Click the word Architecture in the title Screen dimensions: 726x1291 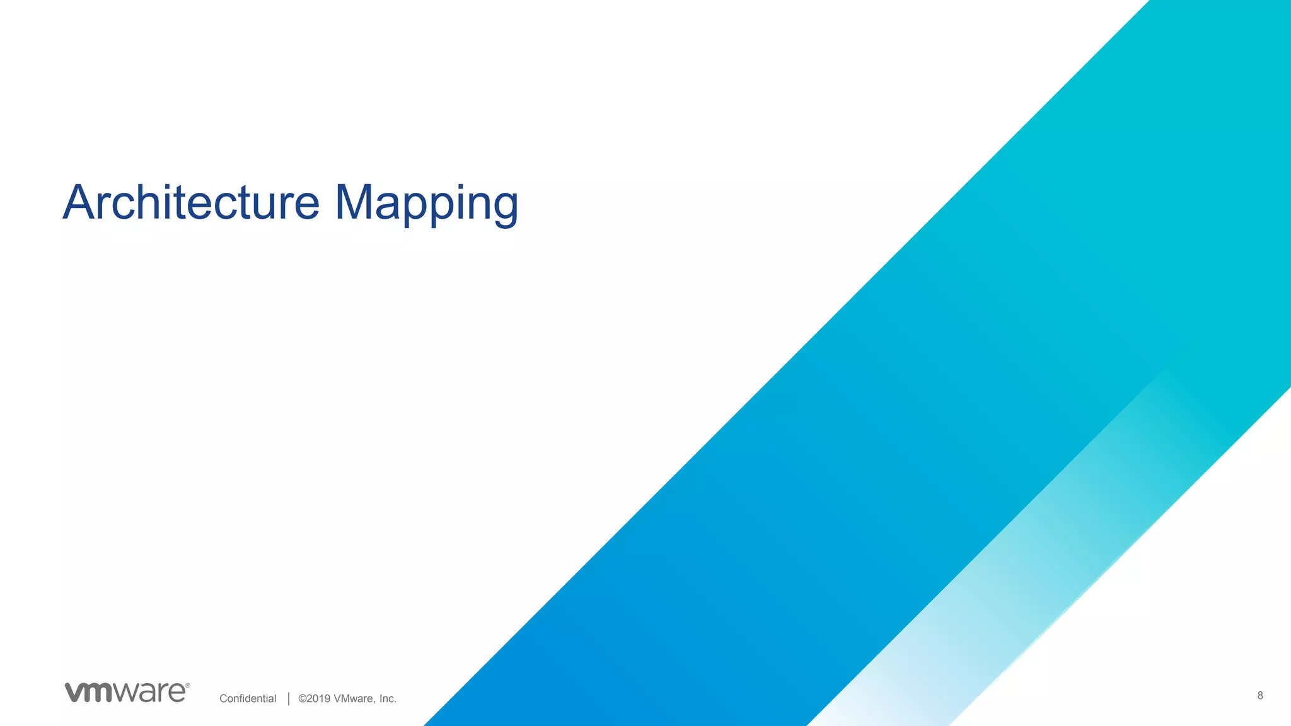pos(191,202)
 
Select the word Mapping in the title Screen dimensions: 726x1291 pos(426,204)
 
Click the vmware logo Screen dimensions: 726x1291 pos(126,692)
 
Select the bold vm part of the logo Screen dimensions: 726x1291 pos(89,693)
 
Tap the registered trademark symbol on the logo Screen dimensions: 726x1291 pos(187,686)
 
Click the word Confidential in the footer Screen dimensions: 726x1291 pos(248,698)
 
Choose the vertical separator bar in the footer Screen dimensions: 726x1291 pos(289,698)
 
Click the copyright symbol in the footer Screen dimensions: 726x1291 pos(303,698)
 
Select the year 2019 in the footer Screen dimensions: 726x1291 pos(318,698)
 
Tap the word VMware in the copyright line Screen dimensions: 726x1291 pos(354,698)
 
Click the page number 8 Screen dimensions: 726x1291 pos(1260,695)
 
